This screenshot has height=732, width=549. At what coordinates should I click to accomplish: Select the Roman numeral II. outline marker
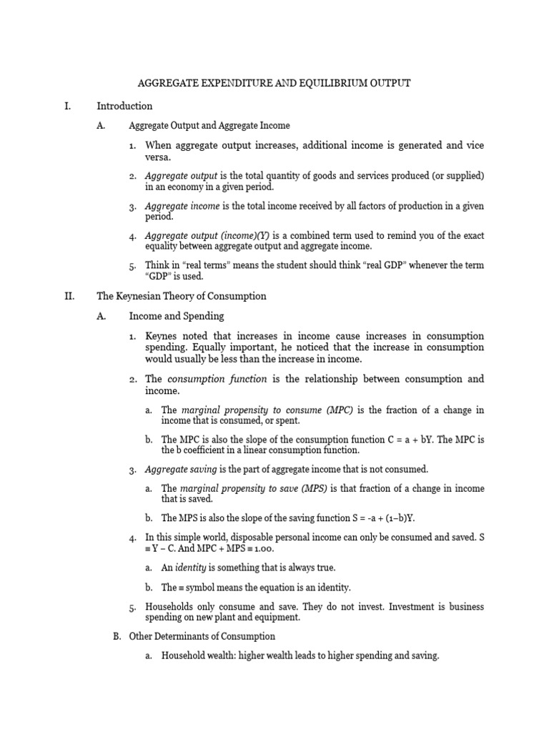click(x=69, y=295)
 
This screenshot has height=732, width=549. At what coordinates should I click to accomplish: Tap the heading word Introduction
click(x=124, y=107)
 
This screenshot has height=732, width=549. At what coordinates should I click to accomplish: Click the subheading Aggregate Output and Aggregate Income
click(x=209, y=126)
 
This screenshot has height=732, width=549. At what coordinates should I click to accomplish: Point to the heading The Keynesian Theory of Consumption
click(x=182, y=295)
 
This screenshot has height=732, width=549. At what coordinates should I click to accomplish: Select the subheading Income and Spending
click(x=176, y=316)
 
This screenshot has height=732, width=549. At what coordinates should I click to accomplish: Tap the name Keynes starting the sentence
click(x=162, y=336)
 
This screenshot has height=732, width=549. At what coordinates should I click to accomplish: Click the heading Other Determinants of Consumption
click(x=202, y=636)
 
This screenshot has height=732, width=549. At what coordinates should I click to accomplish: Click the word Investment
click(x=427, y=606)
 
